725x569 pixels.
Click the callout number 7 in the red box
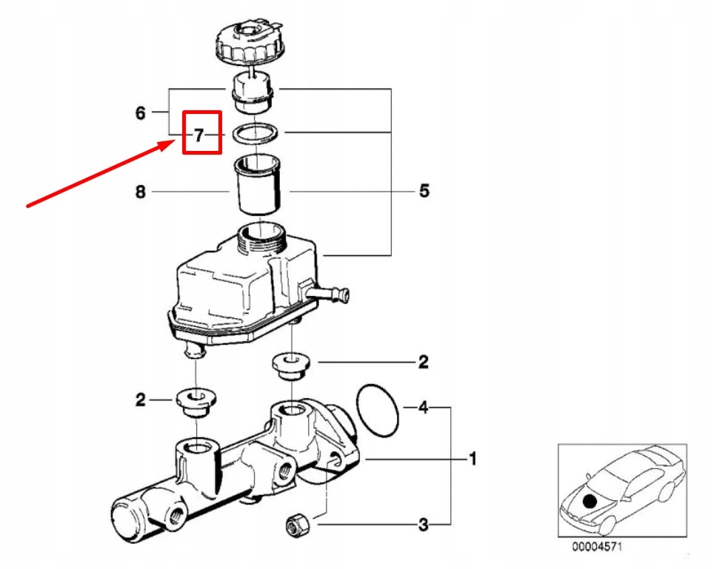pyautogui.click(x=198, y=135)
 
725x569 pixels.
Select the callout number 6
pyautogui.click(x=140, y=112)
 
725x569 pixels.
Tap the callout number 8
pyautogui.click(x=140, y=192)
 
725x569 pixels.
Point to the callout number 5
pyautogui.click(x=424, y=191)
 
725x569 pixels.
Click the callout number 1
pyautogui.click(x=472, y=459)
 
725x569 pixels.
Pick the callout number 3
pyautogui.click(x=423, y=525)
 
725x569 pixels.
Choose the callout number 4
pyautogui.click(x=423, y=407)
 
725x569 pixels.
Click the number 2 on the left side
pyautogui.click(x=140, y=400)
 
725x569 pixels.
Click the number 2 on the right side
pyautogui.click(x=423, y=362)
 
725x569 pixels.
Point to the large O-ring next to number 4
pyautogui.click(x=377, y=410)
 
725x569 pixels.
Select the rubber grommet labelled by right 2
pyautogui.click(x=291, y=364)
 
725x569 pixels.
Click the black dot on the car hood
pyautogui.click(x=589, y=501)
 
